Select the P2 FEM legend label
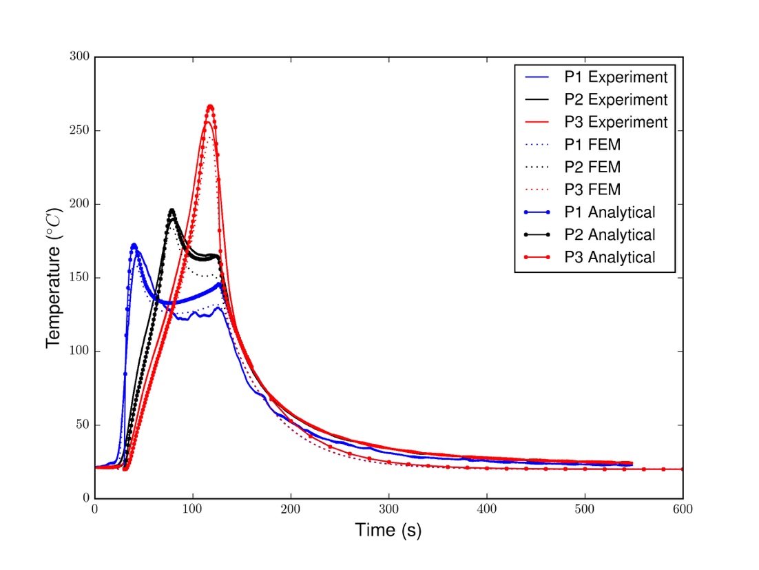click(592, 167)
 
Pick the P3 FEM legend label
click(592, 189)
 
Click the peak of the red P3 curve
click(210, 106)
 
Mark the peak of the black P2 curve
click(171, 210)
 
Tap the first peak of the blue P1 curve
click(134, 245)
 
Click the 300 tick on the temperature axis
click(81, 57)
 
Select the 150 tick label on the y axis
click(81, 278)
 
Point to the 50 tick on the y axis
click(83, 425)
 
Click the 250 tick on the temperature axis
click(81, 131)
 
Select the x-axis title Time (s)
click(388, 530)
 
